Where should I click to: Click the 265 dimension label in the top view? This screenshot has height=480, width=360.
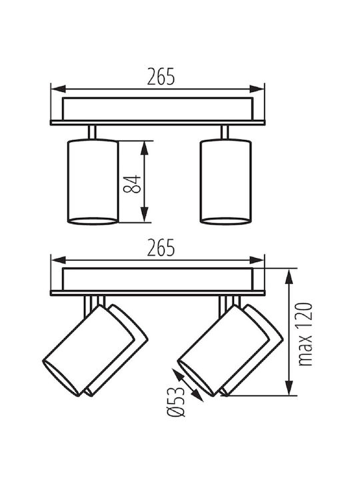click(161, 76)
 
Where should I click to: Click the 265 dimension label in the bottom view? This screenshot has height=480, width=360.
click(161, 247)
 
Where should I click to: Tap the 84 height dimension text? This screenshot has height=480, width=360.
click(132, 184)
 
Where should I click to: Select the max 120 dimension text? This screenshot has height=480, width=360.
click(305, 334)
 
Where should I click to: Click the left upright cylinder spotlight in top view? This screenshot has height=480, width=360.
click(93, 182)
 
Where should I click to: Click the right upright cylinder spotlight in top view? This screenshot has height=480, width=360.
click(226, 182)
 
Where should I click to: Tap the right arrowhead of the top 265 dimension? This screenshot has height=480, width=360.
click(257, 89)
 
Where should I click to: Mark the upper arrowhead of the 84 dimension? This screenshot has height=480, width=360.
click(145, 149)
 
